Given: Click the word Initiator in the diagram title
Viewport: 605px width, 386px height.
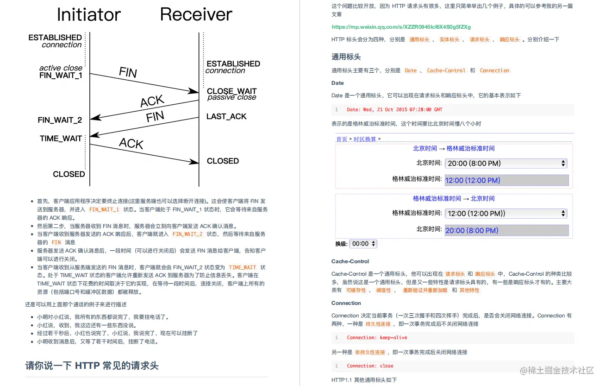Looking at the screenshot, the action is point(88,15).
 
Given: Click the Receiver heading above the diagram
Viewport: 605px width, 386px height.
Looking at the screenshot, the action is point(196,15).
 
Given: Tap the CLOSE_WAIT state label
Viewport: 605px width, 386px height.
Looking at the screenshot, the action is point(231,91).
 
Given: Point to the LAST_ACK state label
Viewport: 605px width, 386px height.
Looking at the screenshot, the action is point(226,116).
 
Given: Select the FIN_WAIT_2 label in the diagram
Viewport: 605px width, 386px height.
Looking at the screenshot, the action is point(60,120).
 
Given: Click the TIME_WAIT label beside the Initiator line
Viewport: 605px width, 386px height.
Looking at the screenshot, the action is point(61,139).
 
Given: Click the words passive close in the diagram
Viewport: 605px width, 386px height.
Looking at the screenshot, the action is point(231,98).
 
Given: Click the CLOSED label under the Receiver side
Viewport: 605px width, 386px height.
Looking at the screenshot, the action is point(223,161).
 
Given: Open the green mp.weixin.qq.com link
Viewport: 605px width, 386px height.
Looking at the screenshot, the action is point(401,27).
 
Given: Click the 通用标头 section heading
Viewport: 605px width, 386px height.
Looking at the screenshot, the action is point(346,57).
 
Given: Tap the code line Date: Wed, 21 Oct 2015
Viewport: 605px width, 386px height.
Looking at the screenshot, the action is point(394,110).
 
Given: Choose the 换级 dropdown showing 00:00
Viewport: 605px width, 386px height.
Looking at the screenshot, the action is point(363,244).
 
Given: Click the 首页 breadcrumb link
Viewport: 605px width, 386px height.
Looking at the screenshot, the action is point(342,139).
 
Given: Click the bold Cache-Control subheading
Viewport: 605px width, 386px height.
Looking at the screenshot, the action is point(350,261).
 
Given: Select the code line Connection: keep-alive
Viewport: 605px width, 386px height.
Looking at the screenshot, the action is point(377,338).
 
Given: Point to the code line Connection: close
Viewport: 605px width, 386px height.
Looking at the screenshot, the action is point(370,366).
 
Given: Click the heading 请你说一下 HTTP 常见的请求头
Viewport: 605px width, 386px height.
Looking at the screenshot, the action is point(92,366).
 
